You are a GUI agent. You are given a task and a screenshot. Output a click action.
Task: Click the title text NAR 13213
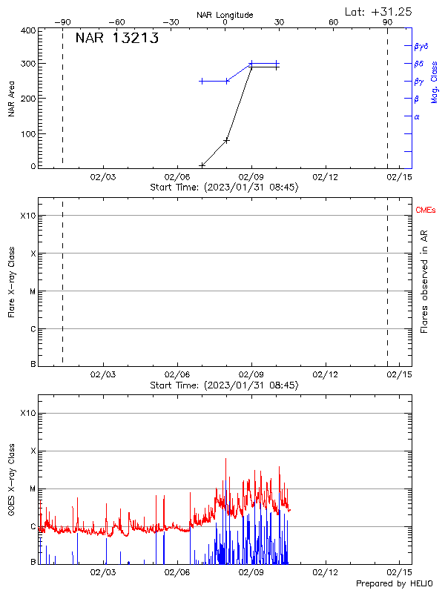click(116, 39)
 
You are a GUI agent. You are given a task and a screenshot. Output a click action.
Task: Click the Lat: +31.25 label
click(379, 11)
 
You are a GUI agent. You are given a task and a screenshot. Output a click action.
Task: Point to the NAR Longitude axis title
click(225, 15)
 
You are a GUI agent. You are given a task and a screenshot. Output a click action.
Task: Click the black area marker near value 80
click(227, 139)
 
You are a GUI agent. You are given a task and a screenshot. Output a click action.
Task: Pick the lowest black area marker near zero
click(202, 165)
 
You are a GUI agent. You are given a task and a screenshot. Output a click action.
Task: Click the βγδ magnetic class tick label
click(421, 46)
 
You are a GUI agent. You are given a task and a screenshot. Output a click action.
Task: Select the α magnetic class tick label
click(417, 116)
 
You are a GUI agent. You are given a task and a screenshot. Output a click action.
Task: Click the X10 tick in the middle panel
click(28, 216)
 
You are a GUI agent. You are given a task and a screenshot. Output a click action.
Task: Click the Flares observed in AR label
click(424, 282)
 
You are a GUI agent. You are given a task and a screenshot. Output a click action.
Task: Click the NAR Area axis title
click(11, 99)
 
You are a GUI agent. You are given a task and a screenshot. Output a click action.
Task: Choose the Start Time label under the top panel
click(224, 188)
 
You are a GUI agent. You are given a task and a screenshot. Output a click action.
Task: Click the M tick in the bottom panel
click(32, 488)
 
